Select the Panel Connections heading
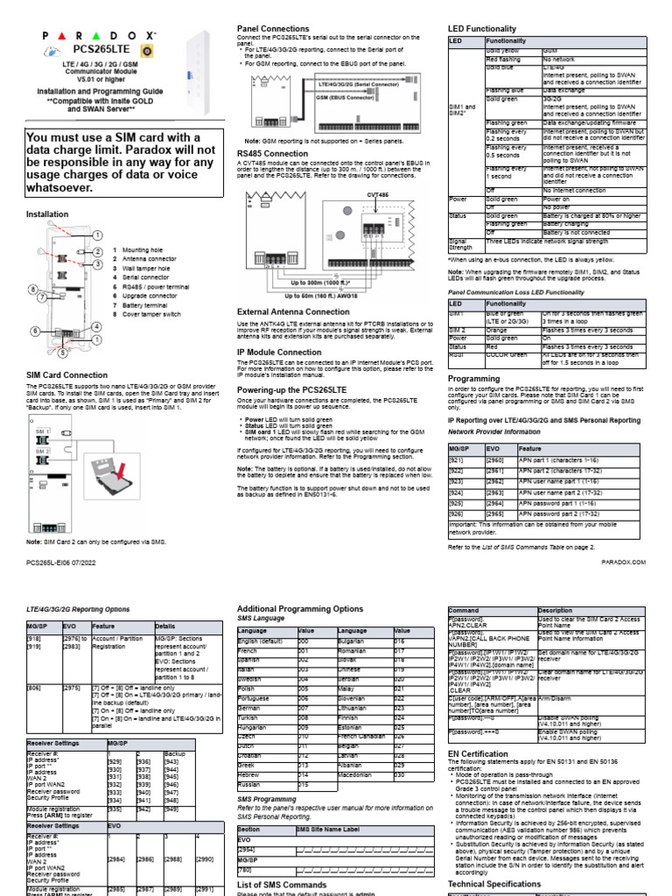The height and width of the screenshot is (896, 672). (x=273, y=29)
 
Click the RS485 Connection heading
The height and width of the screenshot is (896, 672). (x=272, y=153)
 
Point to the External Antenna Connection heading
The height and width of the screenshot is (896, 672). (x=293, y=311)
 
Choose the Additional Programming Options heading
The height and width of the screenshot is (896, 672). (x=300, y=608)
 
